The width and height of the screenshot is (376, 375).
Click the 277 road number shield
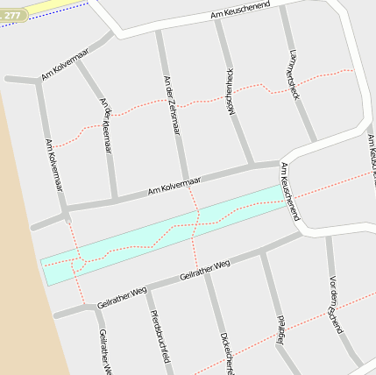12,15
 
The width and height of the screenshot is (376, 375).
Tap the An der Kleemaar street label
106,124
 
